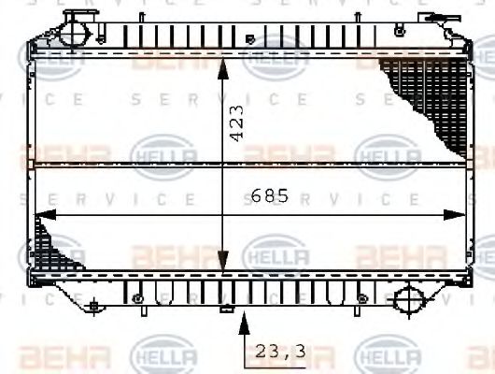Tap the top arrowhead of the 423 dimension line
pyautogui.click(x=222, y=64)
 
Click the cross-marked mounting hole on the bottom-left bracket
pyautogui.click(x=93, y=305)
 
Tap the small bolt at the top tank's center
pyautogui.click(x=249, y=39)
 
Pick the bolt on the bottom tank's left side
pyautogui.click(x=138, y=298)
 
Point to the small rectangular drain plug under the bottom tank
pyautogui.click(x=224, y=308)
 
